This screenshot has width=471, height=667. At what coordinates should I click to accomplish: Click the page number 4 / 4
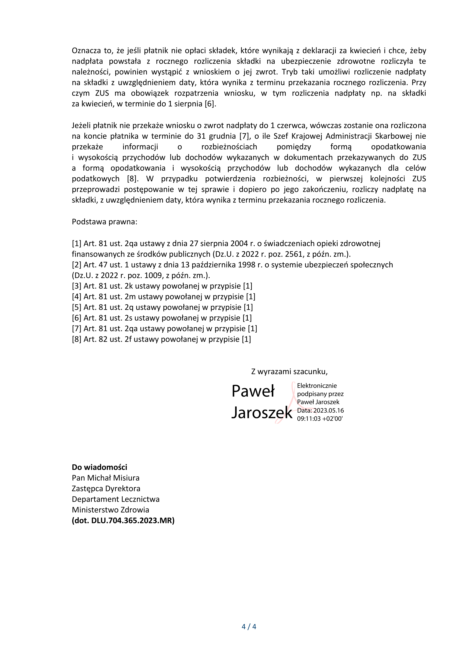pyautogui.click(x=249, y=626)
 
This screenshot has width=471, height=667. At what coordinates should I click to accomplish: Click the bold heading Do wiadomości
pyautogui.click(x=100, y=467)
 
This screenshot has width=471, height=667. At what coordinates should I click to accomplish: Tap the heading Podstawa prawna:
pyautogui.click(x=104, y=222)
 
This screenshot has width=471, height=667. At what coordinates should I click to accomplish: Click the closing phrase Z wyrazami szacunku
pyautogui.click(x=289, y=371)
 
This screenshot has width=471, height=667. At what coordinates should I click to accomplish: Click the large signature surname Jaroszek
pyautogui.click(x=262, y=413)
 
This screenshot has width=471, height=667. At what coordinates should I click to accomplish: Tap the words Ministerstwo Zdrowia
pyautogui.click(x=110, y=510)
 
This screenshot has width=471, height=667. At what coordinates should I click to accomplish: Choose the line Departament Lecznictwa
pyautogui.click(x=115, y=499)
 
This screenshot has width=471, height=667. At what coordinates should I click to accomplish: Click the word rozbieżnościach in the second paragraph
pyautogui.click(x=229, y=147)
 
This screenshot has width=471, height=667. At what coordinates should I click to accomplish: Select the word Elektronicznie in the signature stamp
pyautogui.click(x=317, y=386)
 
